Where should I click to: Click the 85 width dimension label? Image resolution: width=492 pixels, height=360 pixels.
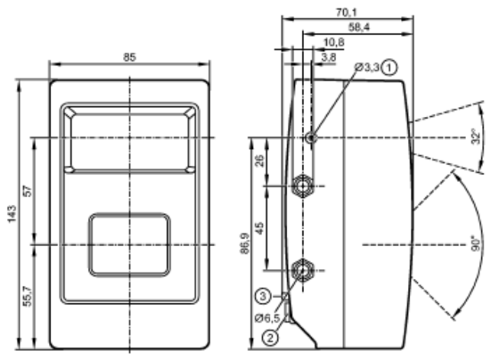(129, 57)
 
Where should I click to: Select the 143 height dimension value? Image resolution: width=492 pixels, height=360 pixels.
(11, 214)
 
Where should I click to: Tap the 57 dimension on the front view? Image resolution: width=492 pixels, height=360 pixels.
(28, 191)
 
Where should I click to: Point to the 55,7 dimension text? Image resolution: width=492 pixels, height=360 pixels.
(28, 296)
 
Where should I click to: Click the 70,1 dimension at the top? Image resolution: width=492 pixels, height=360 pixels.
(346, 12)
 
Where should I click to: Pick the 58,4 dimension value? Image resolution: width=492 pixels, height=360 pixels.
(358, 28)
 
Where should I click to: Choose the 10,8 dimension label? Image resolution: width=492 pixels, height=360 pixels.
(334, 42)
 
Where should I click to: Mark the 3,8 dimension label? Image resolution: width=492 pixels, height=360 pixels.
(329, 57)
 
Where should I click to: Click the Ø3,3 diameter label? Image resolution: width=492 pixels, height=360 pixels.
(367, 67)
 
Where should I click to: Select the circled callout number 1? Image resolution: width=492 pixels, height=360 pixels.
(389, 67)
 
